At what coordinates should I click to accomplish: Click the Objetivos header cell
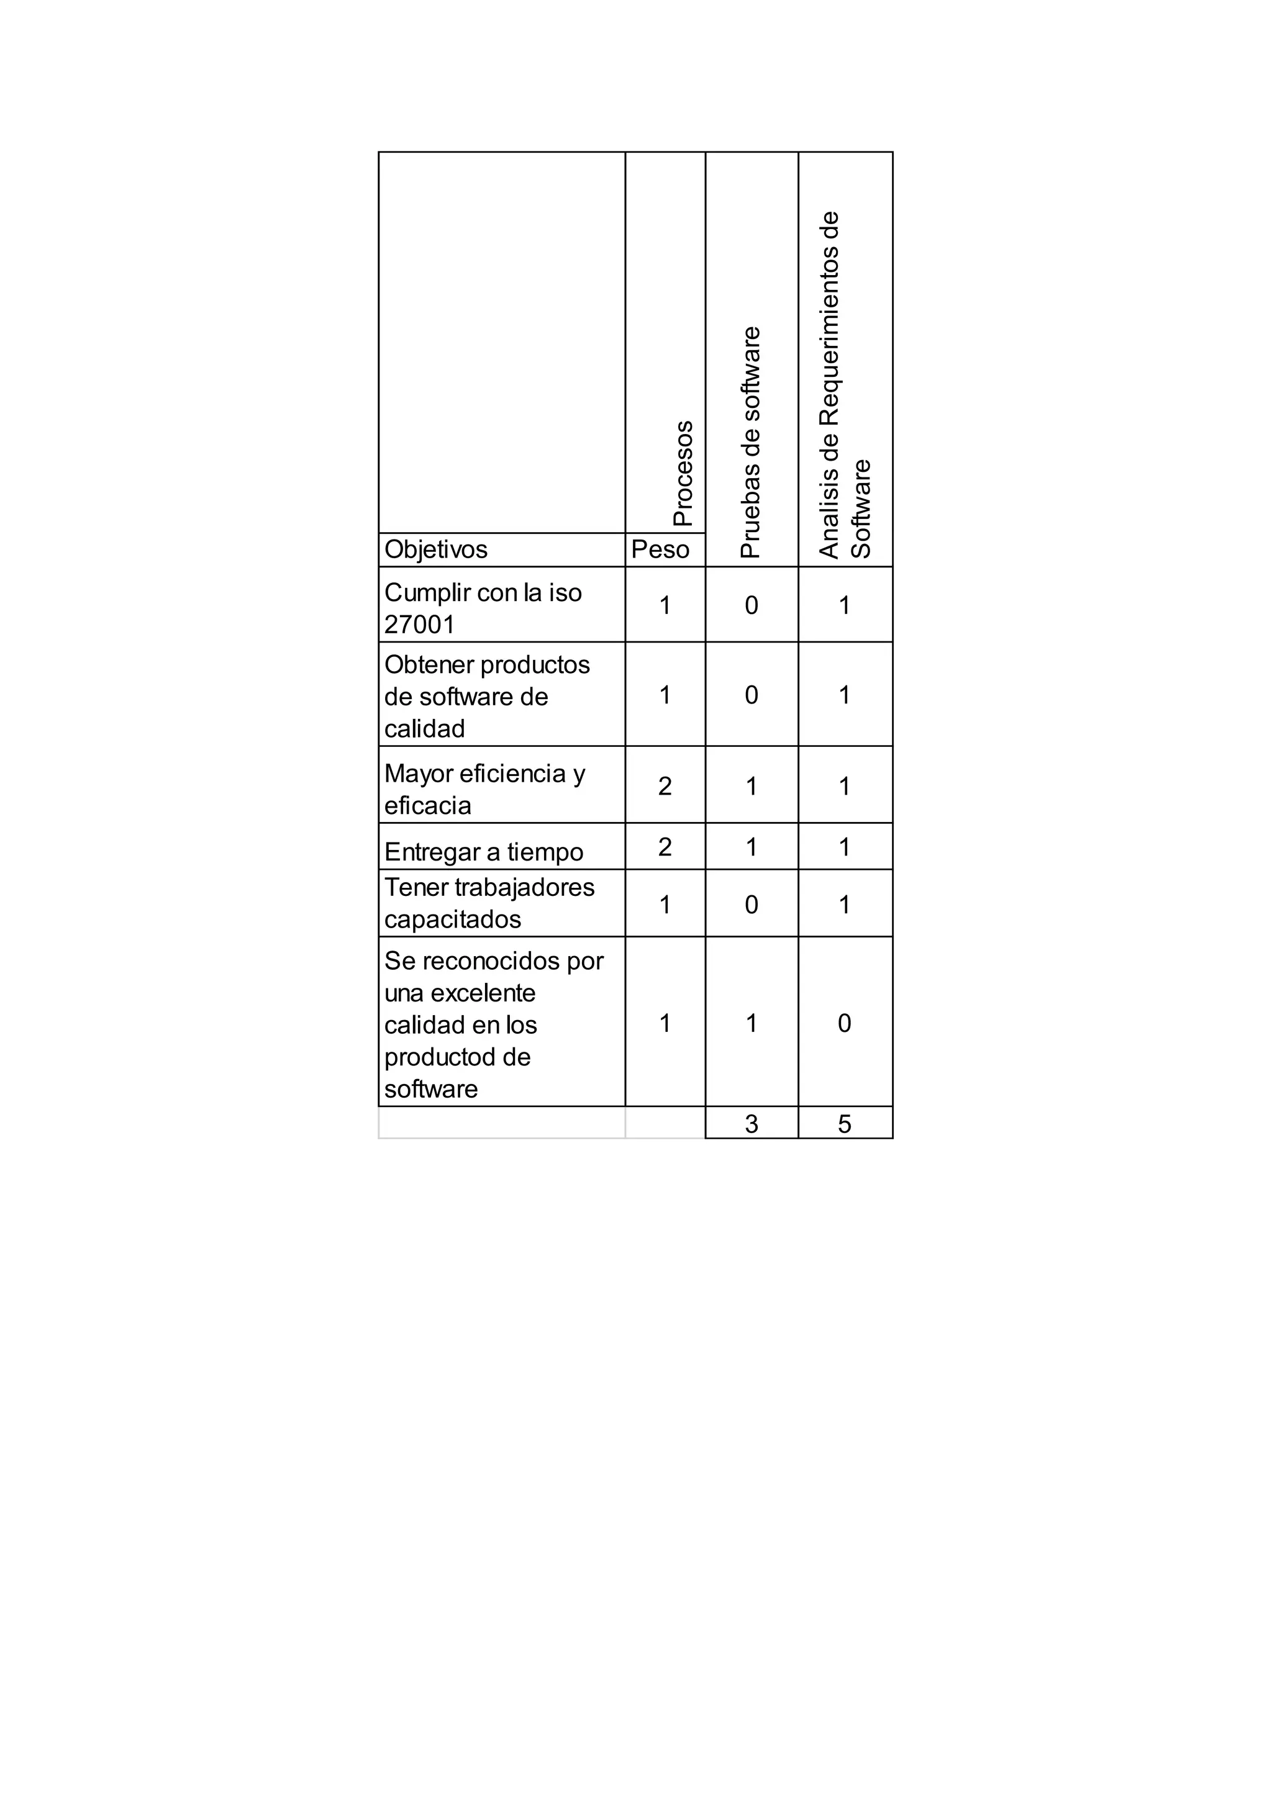click(x=435, y=549)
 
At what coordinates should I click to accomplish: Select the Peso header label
click(x=660, y=549)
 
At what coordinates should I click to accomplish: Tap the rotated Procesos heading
click(x=683, y=473)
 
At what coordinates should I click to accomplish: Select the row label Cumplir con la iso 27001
click(x=483, y=608)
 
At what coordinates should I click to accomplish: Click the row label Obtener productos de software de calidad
click(x=486, y=696)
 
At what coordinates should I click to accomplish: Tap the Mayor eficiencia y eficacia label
click(x=484, y=788)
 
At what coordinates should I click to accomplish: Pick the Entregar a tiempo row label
click(x=483, y=852)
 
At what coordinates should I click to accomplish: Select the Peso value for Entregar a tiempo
click(x=665, y=846)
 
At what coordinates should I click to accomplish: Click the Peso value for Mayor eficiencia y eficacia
click(x=665, y=785)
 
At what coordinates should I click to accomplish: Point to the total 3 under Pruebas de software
click(x=751, y=1124)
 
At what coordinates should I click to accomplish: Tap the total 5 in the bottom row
click(x=844, y=1124)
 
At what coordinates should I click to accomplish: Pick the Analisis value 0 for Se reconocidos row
click(x=844, y=1023)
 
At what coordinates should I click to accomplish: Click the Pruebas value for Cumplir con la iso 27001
click(x=751, y=605)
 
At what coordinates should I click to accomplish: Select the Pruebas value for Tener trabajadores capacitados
click(x=751, y=905)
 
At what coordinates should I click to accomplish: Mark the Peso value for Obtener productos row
click(x=665, y=695)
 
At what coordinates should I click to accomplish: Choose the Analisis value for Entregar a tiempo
click(x=844, y=846)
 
